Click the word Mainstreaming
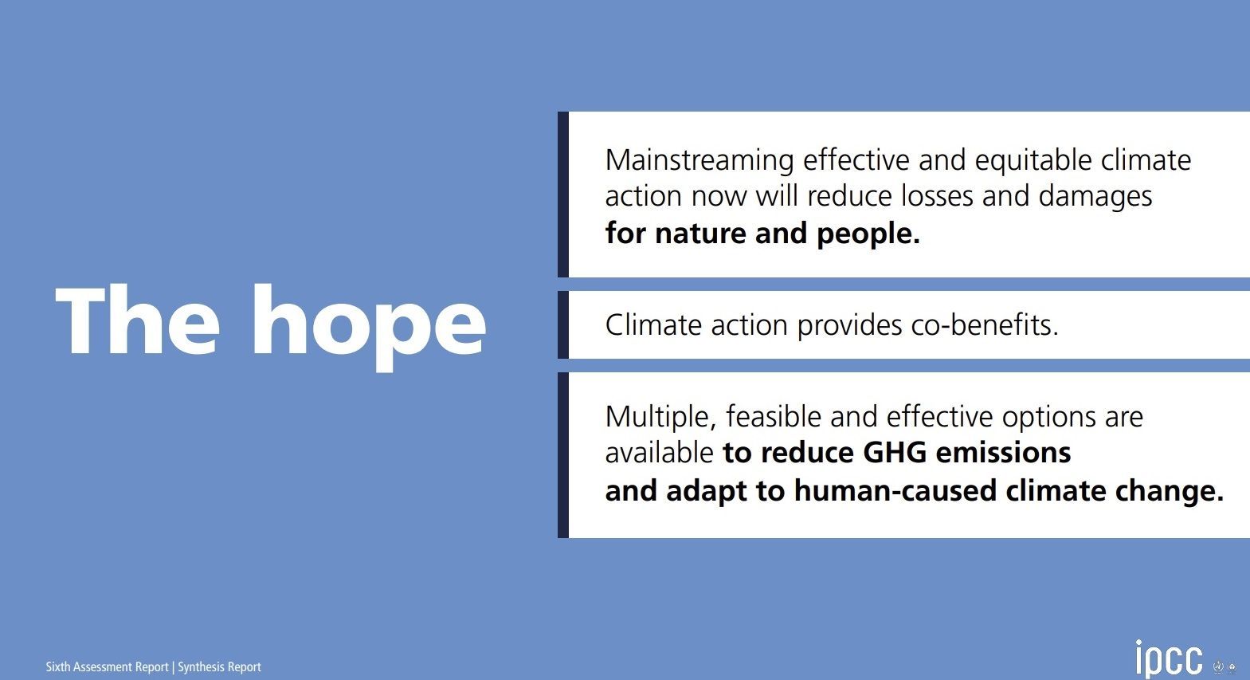tap(699, 161)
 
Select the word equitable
tap(1033, 161)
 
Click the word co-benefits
tap(985, 325)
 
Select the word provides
tap(849, 326)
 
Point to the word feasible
tap(774, 416)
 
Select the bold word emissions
tap(1003, 452)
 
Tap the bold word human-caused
tap(895, 491)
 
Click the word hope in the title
tap(369, 327)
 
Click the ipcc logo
tap(1169, 659)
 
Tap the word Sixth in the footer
tap(57, 666)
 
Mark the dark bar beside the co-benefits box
tap(563, 325)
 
